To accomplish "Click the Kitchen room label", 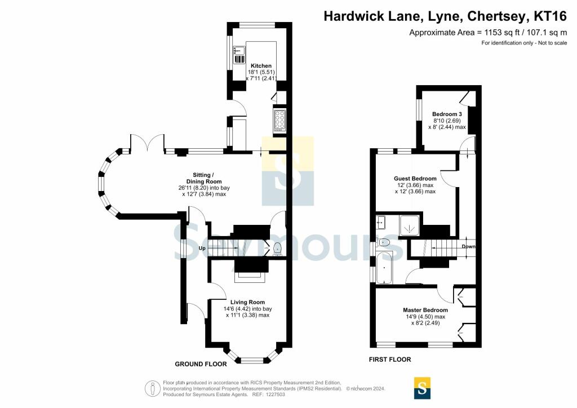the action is pyautogui.click(x=261, y=66).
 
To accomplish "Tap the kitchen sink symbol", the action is pyautogui.click(x=239, y=55).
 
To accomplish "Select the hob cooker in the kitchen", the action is pyautogui.click(x=279, y=120).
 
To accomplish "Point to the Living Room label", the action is pyautogui.click(x=247, y=302).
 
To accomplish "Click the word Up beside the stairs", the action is pyautogui.click(x=202, y=249).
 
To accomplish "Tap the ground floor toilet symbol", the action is pyautogui.click(x=277, y=249).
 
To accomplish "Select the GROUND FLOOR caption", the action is pyautogui.click(x=201, y=364).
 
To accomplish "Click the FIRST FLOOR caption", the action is pyautogui.click(x=390, y=360).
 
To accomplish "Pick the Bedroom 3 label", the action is pyautogui.click(x=447, y=114).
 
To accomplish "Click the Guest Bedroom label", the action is pyautogui.click(x=415, y=179).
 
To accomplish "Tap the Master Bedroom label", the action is pyautogui.click(x=425, y=310).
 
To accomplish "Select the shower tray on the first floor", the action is pyautogui.click(x=409, y=225).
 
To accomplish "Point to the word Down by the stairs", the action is pyautogui.click(x=468, y=246).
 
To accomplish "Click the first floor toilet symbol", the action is pyautogui.click(x=383, y=242).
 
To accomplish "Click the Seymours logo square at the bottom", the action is pyautogui.click(x=422, y=388).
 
